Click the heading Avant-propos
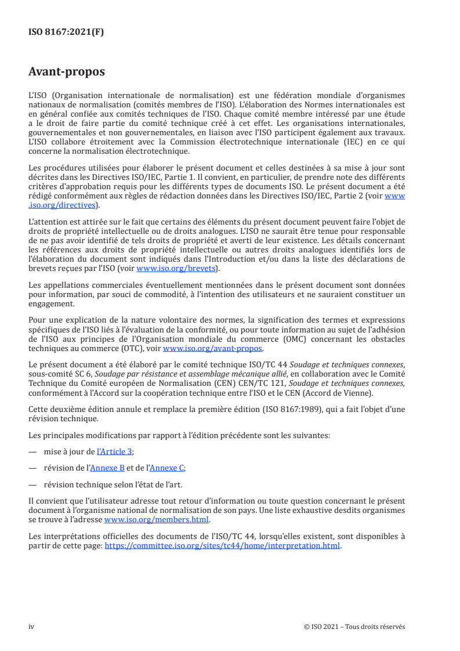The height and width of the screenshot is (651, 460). pos(67,73)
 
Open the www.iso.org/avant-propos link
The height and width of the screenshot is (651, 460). pos(213,349)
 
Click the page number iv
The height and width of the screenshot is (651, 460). pos(31,627)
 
